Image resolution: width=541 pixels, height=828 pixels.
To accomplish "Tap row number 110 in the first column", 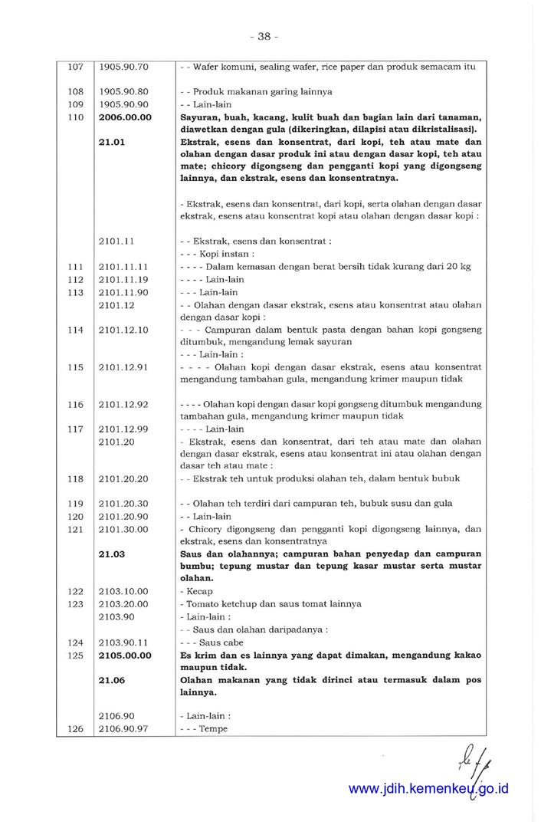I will tap(74, 117).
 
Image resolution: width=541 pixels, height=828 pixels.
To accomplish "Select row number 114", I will tap(74, 330).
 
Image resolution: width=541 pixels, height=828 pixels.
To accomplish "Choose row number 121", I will tap(74, 529).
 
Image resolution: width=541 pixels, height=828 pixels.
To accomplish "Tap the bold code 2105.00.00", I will tap(126, 655).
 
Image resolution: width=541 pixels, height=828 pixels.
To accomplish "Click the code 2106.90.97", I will tap(123, 728).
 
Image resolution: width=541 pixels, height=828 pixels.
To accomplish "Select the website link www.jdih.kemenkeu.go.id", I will tap(429, 788).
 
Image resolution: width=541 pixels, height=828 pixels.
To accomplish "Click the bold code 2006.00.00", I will tap(126, 117).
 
